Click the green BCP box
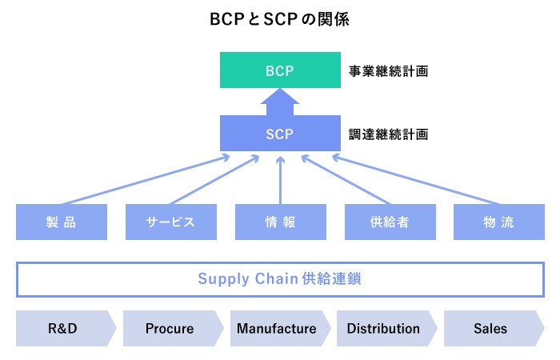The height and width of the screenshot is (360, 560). [x=279, y=70]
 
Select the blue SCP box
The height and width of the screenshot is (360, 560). [x=279, y=134]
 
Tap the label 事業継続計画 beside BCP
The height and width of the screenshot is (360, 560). [x=388, y=71]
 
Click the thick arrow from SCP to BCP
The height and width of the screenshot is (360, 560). [x=279, y=102]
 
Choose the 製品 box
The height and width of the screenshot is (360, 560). [x=62, y=222]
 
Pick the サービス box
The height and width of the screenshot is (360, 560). [x=170, y=222]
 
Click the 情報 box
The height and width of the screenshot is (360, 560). [x=280, y=222]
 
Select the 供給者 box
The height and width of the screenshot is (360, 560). [x=390, y=222]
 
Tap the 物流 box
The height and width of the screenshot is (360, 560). [x=498, y=222]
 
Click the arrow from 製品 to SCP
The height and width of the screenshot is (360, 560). [x=144, y=180]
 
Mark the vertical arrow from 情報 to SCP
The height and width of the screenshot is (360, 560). [x=280, y=180]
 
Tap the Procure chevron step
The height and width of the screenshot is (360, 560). [x=170, y=329]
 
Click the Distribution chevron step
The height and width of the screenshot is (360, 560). [x=384, y=329]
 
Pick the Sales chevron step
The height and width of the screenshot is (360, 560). [x=490, y=329]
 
